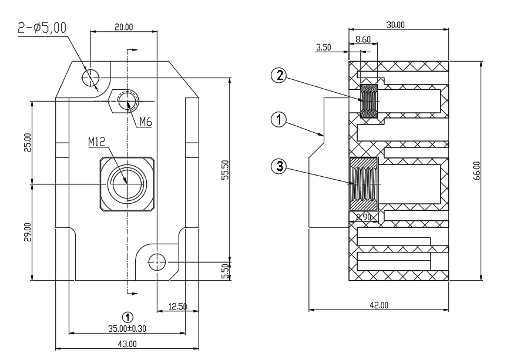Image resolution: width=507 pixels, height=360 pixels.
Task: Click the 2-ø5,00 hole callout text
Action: (x=42, y=28)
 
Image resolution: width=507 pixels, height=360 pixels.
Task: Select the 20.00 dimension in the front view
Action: (x=124, y=27)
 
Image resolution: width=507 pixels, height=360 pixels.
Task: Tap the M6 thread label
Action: (x=146, y=122)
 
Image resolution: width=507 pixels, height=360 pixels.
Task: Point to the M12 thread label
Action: (x=97, y=142)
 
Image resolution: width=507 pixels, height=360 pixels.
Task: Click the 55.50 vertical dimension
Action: (x=226, y=170)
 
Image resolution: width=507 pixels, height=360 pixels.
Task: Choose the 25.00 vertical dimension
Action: (x=28, y=143)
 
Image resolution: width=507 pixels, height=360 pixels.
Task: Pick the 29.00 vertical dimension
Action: (x=28, y=232)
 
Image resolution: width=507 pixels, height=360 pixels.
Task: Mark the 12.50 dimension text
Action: (x=178, y=307)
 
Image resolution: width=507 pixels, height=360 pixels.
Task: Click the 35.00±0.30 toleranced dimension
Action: (x=127, y=329)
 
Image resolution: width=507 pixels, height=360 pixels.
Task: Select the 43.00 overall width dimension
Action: (x=127, y=344)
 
